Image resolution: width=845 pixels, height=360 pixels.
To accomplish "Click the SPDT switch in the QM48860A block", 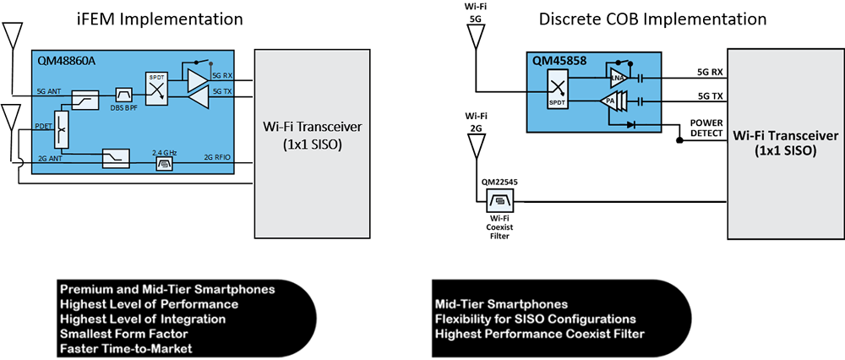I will tap(157, 88).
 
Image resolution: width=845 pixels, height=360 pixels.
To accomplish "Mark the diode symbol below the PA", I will tap(630, 124).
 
